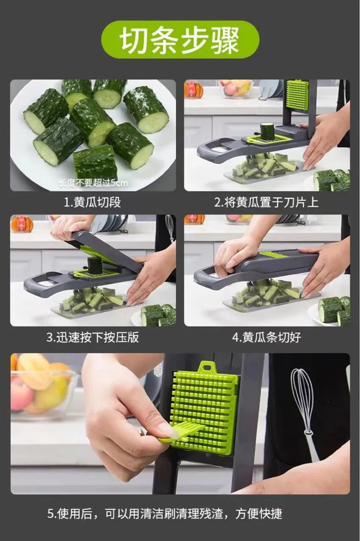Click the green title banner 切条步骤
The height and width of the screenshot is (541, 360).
click(x=180, y=40)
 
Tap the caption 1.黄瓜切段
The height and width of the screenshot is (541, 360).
click(x=92, y=202)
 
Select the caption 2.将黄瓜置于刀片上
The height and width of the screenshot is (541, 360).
click(x=266, y=202)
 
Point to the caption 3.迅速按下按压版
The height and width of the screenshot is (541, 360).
click(x=92, y=337)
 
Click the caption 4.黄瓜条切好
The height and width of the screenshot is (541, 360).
click(x=266, y=337)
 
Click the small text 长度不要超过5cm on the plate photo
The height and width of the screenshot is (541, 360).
click(x=93, y=183)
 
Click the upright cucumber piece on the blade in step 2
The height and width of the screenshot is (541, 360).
click(x=267, y=132)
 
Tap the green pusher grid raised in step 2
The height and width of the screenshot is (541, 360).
click(x=297, y=95)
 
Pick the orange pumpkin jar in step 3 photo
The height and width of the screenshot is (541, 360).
click(x=22, y=224)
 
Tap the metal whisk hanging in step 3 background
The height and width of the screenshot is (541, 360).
click(x=170, y=227)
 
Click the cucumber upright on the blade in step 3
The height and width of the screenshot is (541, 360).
click(x=95, y=266)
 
